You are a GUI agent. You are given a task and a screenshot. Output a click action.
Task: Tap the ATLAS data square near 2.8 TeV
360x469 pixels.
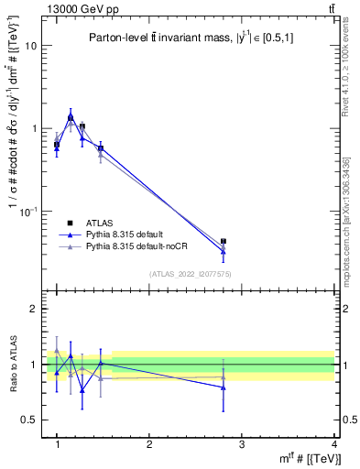click(x=224, y=242)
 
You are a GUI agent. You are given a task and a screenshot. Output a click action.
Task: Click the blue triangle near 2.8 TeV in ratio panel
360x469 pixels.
click(x=224, y=387)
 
